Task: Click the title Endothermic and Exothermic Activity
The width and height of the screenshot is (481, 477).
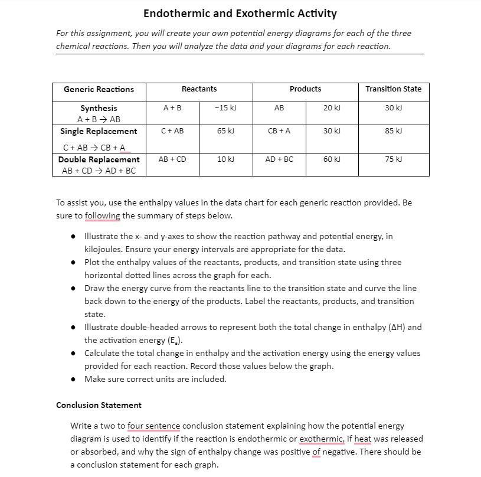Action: coord(240,13)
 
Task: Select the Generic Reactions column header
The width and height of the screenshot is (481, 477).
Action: coord(99,89)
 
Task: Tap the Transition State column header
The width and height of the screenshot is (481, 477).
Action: coord(393,89)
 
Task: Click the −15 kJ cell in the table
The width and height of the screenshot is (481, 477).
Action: coord(225,108)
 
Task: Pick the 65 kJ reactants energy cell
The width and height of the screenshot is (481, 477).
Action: coord(225,131)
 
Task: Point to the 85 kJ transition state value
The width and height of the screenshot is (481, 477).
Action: coord(393,131)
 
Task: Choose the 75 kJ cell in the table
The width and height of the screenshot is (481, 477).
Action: coord(393,159)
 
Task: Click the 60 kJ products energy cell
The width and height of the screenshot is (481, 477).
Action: coord(332,159)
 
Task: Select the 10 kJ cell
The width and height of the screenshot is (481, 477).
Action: coord(225,159)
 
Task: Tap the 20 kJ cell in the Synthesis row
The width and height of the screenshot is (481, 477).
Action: coord(332,108)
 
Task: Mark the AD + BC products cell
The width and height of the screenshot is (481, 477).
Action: coord(279,159)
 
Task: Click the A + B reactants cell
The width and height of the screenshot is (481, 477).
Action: coord(172,108)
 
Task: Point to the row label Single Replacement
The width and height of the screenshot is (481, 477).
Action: coord(99,131)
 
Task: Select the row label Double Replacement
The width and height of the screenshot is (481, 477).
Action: coord(99,159)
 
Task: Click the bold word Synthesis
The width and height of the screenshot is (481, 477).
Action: coord(99,108)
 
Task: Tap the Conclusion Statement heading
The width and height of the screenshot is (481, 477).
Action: coord(99,405)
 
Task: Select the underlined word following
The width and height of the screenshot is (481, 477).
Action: coord(102,215)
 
